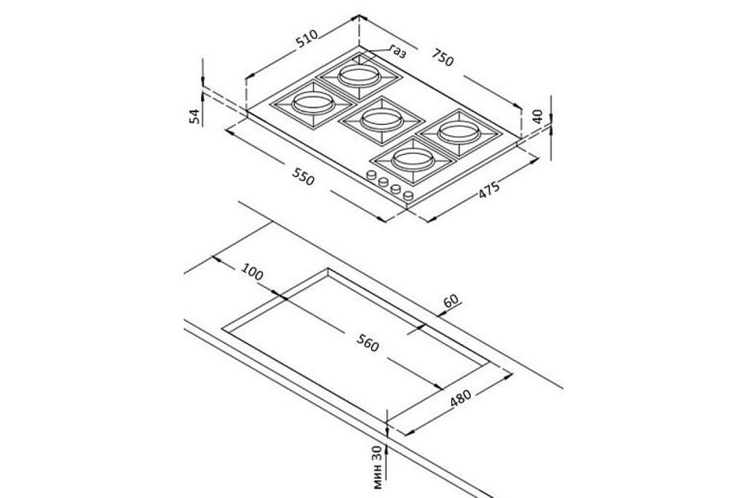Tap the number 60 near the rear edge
[450, 301]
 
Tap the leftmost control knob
[371, 175]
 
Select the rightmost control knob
[408, 196]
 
